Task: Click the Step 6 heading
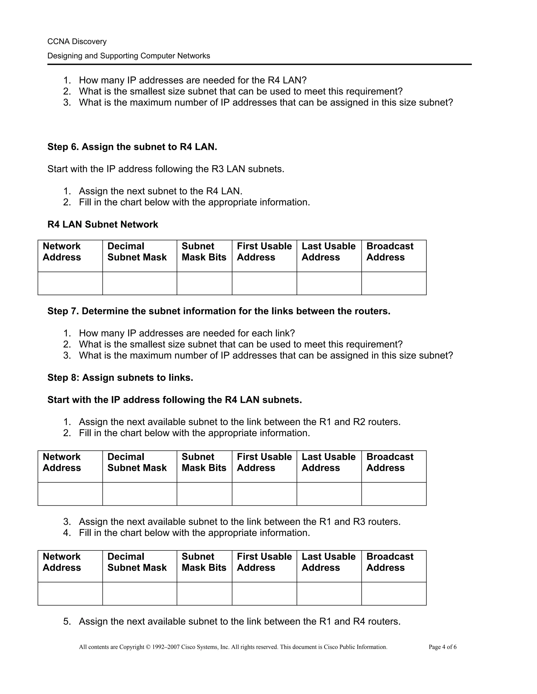[132, 147]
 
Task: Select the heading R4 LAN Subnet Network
[103, 224]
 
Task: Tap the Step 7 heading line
[219, 311]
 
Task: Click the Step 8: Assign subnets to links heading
[120, 377]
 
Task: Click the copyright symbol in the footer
[148, 647]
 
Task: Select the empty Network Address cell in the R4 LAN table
[70, 283]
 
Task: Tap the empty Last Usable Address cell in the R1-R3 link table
[329, 594]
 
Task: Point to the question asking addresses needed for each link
[187, 333]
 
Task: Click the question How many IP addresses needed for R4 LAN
[192, 80]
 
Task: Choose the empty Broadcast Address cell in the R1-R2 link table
[394, 494]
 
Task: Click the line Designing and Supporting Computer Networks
[128, 56]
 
